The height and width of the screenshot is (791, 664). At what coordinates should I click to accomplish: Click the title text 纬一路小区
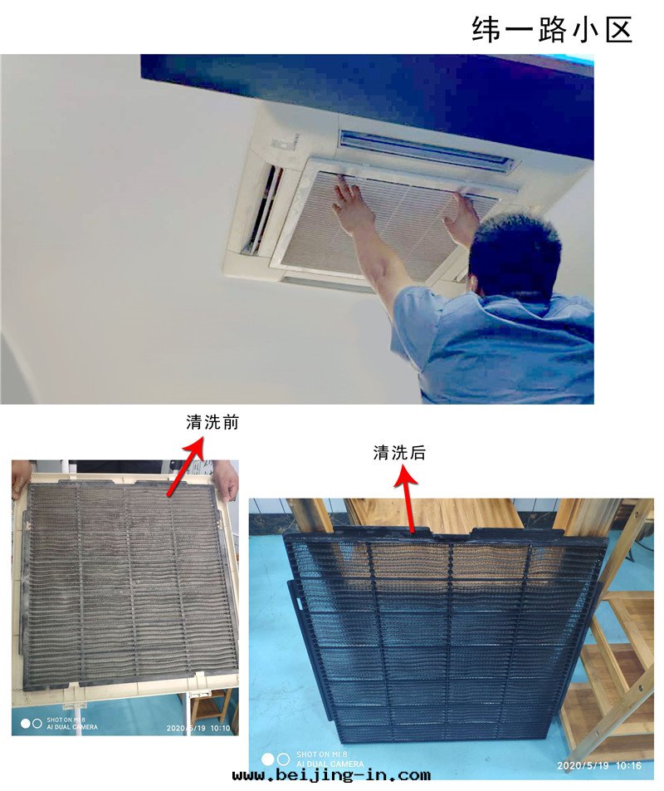552,29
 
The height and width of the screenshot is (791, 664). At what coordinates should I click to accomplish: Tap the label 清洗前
212,422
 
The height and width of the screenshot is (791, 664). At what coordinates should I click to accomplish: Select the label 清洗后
399,453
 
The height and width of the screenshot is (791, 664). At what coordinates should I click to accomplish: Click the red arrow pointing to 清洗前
185,467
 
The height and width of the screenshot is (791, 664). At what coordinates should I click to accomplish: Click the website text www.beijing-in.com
331,775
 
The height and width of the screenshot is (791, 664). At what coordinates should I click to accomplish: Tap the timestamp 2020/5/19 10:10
198,728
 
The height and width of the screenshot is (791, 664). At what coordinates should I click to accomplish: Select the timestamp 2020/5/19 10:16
599,765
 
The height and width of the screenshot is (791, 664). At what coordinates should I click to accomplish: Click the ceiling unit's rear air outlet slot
426,149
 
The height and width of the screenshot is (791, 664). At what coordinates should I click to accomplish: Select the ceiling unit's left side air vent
262,209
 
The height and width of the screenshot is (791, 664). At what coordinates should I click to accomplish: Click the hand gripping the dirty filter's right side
225,479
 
